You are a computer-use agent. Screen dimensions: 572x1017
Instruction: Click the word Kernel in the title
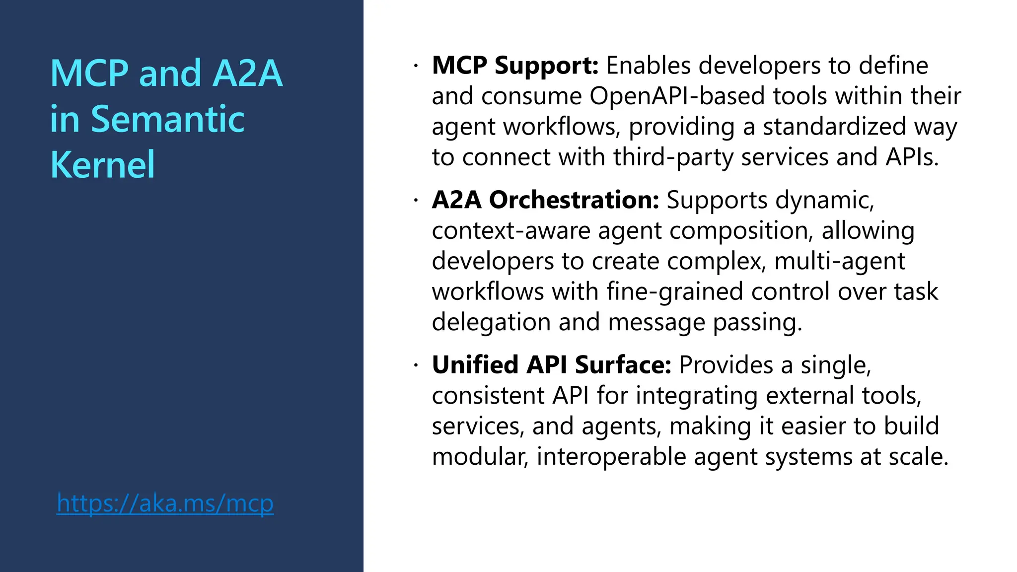point(102,165)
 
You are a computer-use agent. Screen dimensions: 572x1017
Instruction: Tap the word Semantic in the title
point(167,120)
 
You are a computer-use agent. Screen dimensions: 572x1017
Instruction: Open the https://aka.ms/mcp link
point(165,503)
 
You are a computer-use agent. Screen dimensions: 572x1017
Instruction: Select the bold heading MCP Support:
point(515,66)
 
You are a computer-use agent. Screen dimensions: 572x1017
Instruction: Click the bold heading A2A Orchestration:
point(545,200)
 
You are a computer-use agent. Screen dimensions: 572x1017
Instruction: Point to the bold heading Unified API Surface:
point(551,365)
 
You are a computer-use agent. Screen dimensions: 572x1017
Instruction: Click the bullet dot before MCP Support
point(416,66)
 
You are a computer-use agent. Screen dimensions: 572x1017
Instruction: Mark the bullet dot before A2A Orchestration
point(416,200)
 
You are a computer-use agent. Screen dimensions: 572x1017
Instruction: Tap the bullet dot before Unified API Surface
point(416,365)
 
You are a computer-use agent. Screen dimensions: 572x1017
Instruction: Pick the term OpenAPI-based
point(677,96)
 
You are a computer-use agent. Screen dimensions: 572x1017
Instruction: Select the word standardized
point(835,127)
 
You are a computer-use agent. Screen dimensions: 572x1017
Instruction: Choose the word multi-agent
point(839,262)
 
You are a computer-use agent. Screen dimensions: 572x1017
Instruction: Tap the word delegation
point(491,323)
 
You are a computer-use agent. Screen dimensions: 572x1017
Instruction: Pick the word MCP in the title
point(89,74)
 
